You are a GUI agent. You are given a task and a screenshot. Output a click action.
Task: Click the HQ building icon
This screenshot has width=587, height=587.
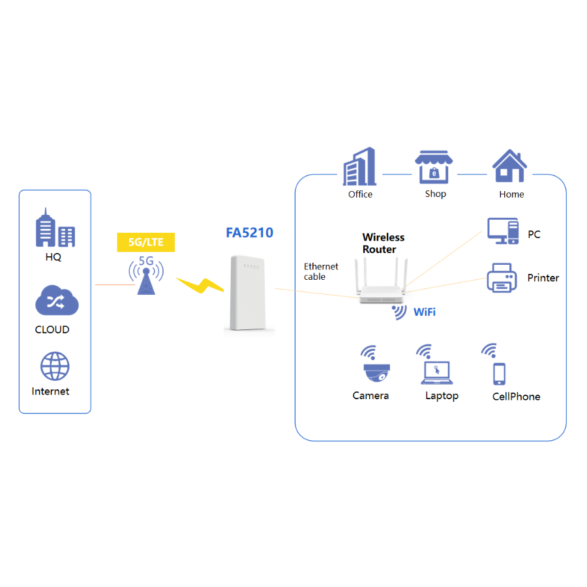(55, 228)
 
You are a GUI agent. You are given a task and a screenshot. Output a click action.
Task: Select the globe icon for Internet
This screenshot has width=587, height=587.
(55, 367)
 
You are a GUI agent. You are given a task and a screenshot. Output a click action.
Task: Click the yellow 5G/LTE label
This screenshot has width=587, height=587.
(146, 243)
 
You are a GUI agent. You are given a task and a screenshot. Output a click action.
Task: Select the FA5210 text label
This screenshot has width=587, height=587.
(249, 233)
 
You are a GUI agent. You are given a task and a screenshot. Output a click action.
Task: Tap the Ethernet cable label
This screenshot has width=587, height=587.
(321, 271)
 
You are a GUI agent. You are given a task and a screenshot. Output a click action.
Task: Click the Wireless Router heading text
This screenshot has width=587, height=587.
(384, 243)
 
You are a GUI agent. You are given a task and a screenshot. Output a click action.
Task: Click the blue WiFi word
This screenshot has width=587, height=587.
(425, 312)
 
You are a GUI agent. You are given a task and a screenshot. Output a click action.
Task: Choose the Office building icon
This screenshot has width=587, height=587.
(360, 166)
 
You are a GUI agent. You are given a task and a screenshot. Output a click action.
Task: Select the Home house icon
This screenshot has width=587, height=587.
(509, 167)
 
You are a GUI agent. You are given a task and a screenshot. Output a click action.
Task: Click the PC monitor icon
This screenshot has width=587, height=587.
(503, 232)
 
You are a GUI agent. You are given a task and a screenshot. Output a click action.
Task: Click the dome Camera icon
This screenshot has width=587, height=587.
(376, 372)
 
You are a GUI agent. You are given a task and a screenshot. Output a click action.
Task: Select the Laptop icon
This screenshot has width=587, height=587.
(436, 372)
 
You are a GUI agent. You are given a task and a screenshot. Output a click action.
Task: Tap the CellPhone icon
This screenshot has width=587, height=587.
(500, 373)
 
